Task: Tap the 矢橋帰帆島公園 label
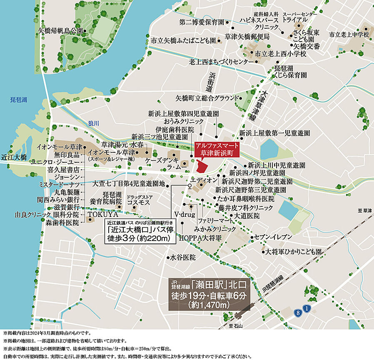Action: point(61,31)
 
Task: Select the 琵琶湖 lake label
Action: point(19,100)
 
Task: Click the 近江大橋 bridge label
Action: point(14,157)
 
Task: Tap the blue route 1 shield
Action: point(307,308)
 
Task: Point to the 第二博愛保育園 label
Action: point(202,22)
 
